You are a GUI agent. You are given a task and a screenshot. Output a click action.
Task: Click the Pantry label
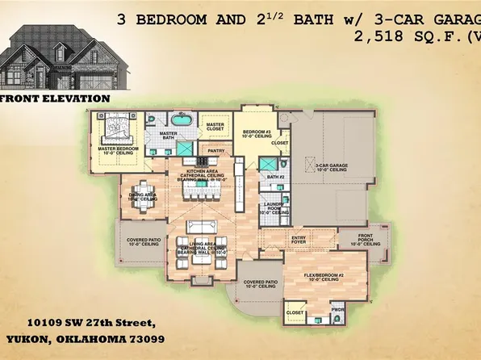point(215,150)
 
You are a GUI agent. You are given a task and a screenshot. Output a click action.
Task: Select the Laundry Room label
point(274,208)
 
